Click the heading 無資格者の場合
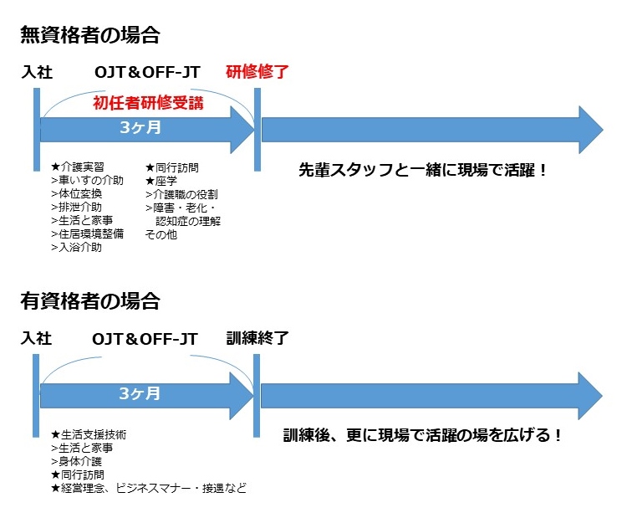click(90, 35)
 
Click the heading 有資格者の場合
click(90, 301)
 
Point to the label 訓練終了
click(257, 339)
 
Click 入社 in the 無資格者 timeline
click(38, 72)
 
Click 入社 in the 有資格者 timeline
click(38, 339)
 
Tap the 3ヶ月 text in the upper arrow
click(140, 129)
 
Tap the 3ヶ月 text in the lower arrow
click(140, 393)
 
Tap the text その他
click(161, 234)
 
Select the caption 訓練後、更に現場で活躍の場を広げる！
click(422, 435)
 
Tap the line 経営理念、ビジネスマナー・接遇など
click(148, 488)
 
